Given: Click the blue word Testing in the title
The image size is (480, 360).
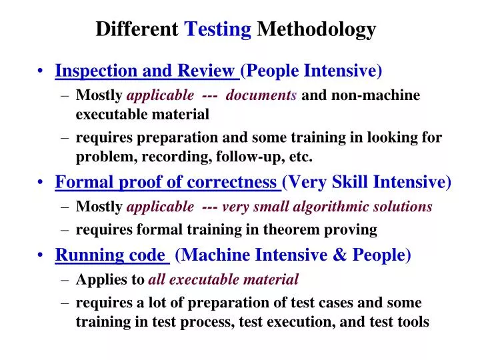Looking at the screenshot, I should (x=217, y=29).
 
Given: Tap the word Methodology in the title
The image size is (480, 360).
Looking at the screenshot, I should (x=317, y=29).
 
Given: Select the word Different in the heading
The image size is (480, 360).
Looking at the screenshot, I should (x=137, y=29).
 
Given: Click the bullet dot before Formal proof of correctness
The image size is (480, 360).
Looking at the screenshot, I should (x=43, y=183).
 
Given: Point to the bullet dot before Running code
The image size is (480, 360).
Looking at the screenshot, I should (x=43, y=255).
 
